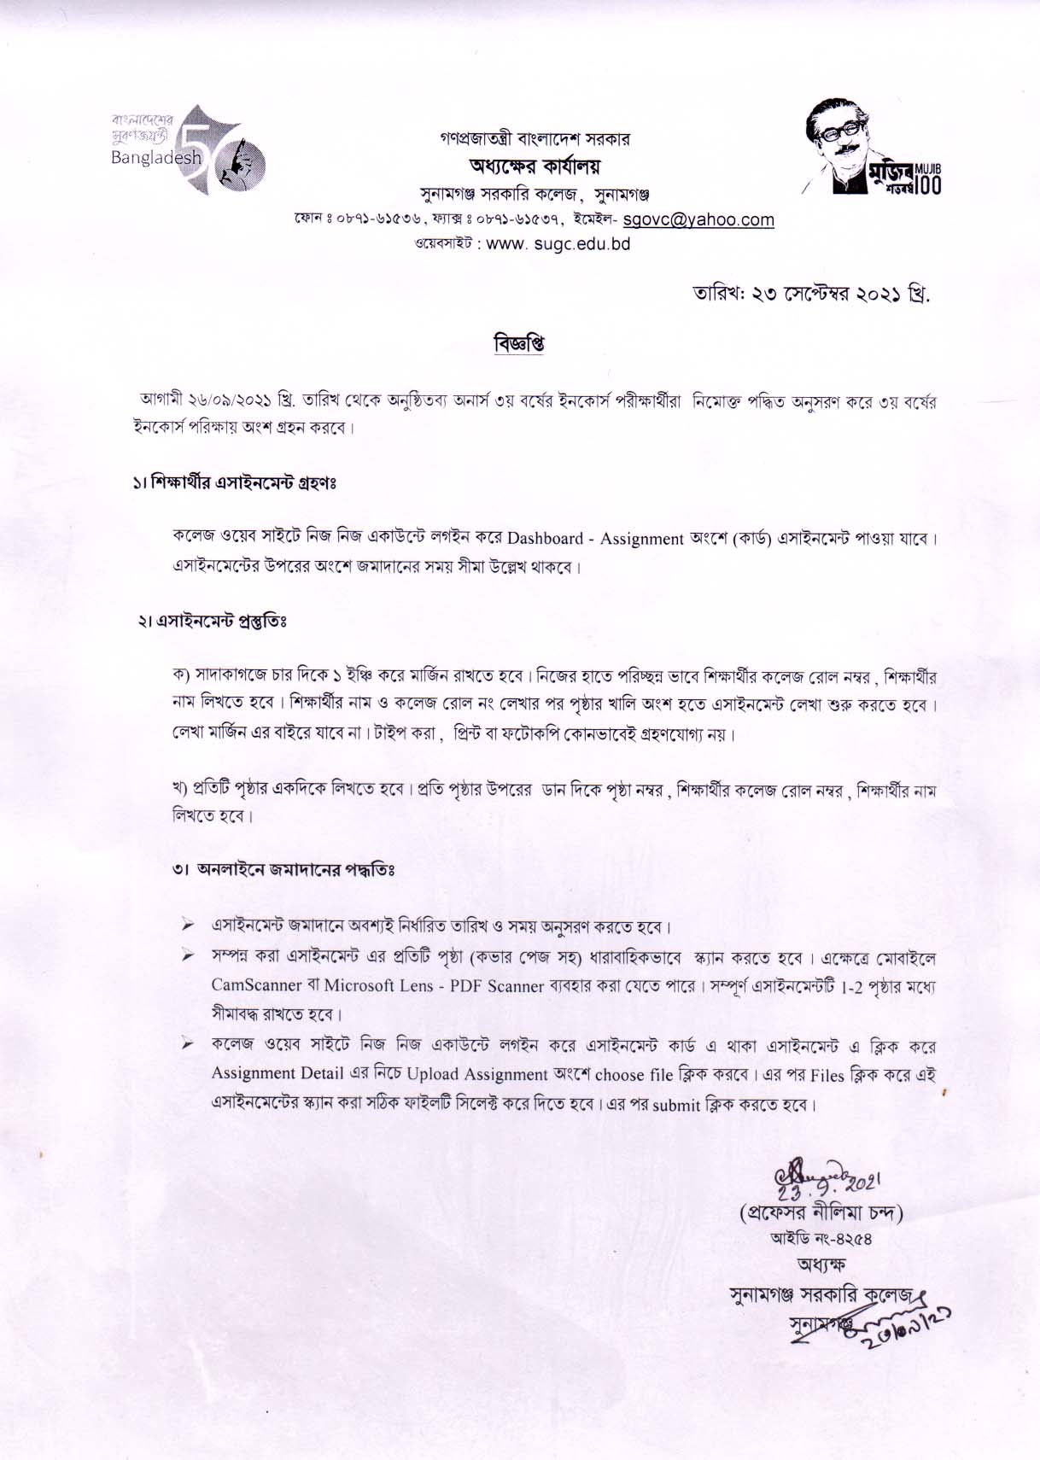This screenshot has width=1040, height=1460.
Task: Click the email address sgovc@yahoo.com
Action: (x=698, y=220)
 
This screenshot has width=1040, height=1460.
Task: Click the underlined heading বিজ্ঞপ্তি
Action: (x=519, y=343)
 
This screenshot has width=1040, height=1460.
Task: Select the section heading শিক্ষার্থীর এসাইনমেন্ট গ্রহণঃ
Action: (x=232, y=483)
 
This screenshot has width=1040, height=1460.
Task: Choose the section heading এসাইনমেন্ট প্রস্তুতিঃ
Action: (x=219, y=621)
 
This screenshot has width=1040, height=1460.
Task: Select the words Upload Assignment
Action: (x=476, y=1074)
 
